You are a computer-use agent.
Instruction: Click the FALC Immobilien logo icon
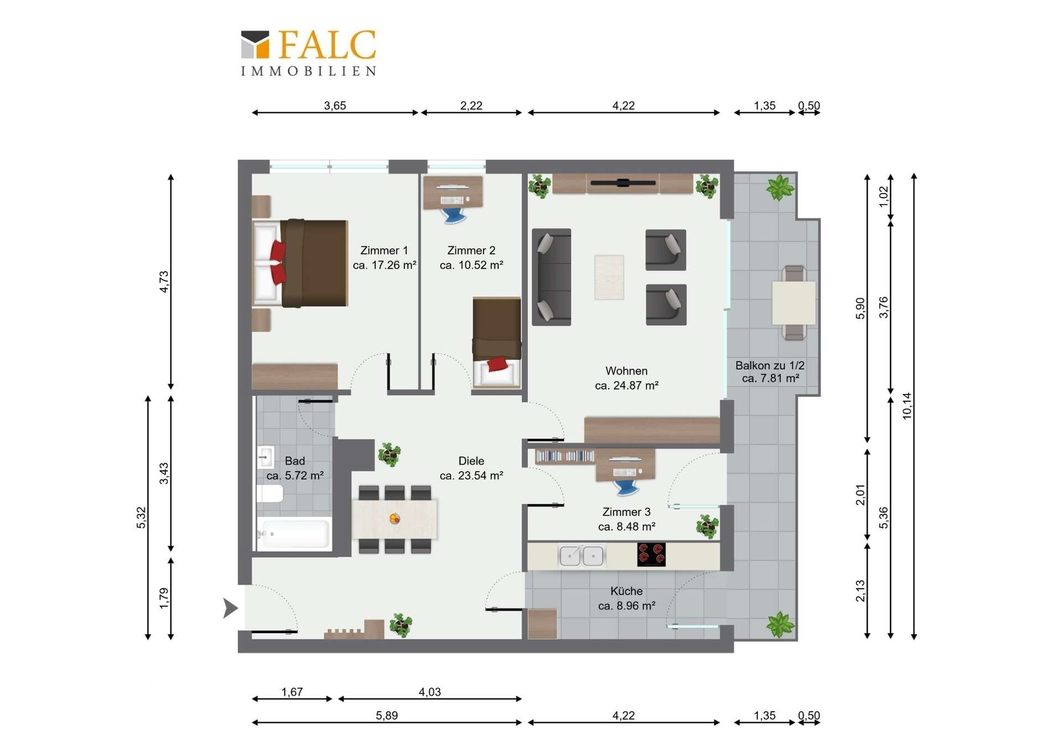pos(255,44)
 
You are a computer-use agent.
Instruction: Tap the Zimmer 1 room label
pos(384,251)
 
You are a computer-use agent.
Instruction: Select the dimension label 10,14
pos(907,406)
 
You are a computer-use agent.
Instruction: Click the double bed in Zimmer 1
pos(300,263)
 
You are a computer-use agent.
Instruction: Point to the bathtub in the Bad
pos(294,534)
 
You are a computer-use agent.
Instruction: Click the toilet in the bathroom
pos(270,494)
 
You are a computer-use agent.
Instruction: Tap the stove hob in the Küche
pos(651,555)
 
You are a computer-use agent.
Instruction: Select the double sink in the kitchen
pos(581,556)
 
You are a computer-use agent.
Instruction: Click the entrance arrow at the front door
pos(230,608)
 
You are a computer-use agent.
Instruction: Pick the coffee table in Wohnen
pos(609,277)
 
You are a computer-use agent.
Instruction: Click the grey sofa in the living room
pos(551,277)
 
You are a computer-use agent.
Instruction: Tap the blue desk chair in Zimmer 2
pos(454,214)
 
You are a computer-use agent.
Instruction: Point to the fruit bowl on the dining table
pos(394,519)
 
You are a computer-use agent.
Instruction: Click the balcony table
pos(794,303)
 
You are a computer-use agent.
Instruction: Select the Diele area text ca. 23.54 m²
pos(471,475)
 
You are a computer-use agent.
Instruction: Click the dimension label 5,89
pos(387,715)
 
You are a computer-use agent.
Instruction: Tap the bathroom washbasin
pos(265,457)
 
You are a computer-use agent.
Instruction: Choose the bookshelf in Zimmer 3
pos(565,456)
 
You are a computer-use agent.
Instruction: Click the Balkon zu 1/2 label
pos(769,365)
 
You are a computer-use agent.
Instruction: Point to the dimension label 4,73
pos(164,281)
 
